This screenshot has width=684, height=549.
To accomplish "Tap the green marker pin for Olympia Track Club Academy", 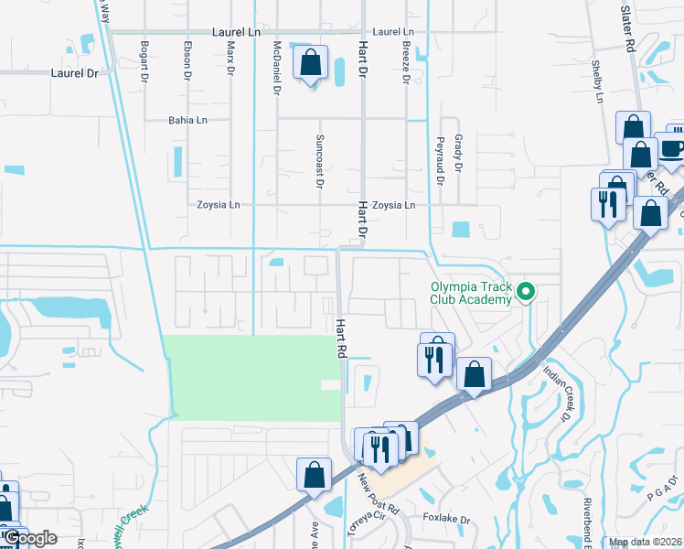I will click(526, 293).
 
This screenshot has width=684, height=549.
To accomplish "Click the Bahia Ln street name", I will click(187, 120).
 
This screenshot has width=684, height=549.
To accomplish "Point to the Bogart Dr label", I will click(144, 62).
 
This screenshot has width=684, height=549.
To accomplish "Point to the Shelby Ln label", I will click(601, 83).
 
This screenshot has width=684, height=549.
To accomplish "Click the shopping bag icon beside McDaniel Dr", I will click(311, 63).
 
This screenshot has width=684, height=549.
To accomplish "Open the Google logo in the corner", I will click(30, 538).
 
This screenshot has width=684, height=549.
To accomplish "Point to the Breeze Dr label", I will click(405, 62).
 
